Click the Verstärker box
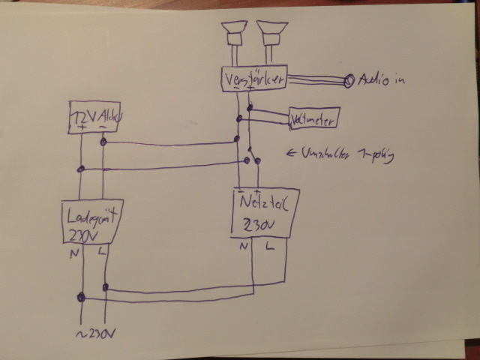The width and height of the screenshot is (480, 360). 253,78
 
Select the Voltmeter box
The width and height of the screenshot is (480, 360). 314,118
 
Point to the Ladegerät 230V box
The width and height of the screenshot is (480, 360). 89,223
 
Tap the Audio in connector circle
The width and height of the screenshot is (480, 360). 349,81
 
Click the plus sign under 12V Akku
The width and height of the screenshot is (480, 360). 80,127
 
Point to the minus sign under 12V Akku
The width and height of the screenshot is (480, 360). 103,127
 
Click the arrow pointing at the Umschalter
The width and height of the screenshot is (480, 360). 292,154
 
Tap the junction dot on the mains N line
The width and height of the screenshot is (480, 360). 80,298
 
